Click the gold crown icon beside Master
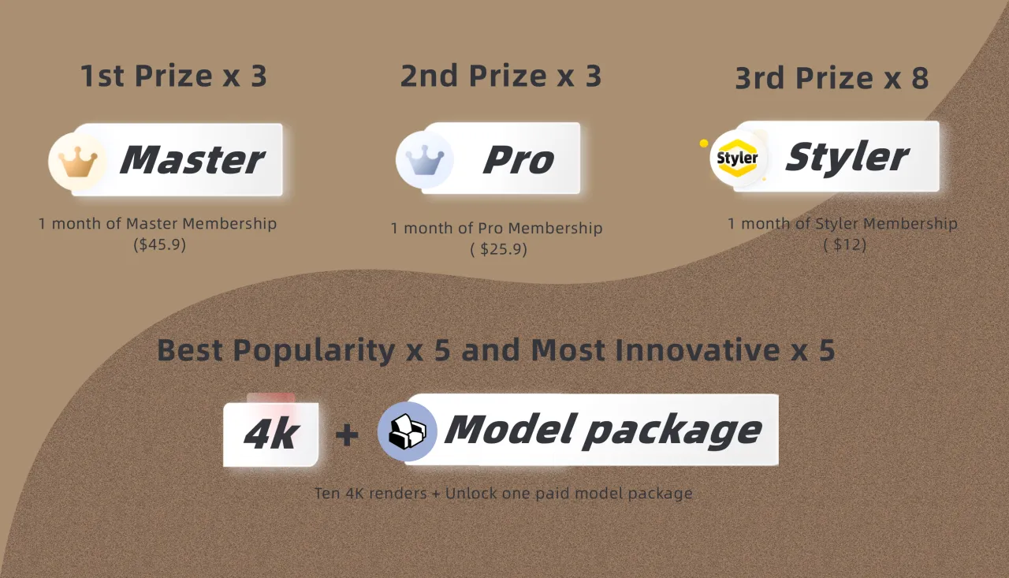[78, 162]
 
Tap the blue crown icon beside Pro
[425, 159]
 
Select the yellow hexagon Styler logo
[737, 158]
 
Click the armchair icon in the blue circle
[408, 431]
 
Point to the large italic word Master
[192, 159]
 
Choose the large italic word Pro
[519, 159]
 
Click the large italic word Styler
[847, 157]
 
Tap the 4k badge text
[271, 434]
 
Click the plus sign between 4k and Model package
[347, 434]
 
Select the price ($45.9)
[160, 244]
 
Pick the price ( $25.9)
[499, 248]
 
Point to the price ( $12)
[844, 244]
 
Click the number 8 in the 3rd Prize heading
[920, 78]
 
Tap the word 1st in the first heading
[102, 76]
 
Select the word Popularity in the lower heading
[314, 350]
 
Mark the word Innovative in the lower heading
[698, 350]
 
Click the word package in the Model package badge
[672, 431]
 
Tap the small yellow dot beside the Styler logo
[704, 144]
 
